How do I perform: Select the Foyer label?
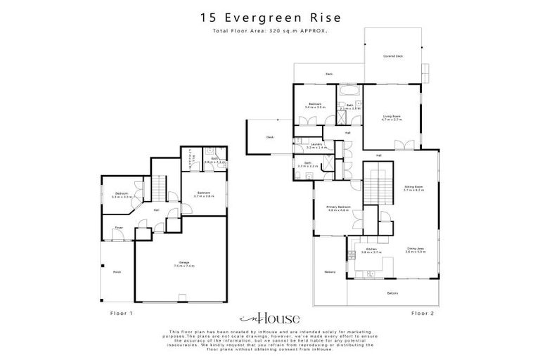point(118,227)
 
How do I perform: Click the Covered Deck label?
point(392,56)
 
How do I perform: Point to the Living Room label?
point(392,117)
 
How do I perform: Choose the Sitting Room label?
point(413,188)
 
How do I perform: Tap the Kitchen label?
point(371,250)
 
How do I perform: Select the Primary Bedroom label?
point(338,208)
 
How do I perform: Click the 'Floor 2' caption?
point(422,313)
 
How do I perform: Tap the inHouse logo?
point(270,318)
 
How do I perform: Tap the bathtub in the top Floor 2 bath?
point(349,92)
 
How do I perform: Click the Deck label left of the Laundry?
point(269,138)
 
